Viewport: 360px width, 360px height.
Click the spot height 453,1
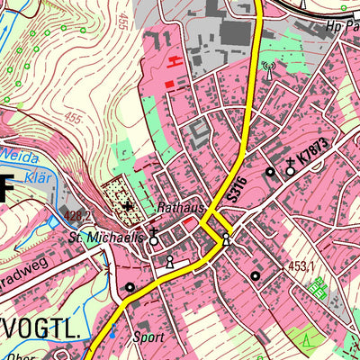(x=301, y=266)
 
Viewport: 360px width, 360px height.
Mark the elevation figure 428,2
(x=76, y=217)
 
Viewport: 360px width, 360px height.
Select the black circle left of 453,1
(x=255, y=275)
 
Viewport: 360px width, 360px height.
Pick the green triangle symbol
(x=306, y=341)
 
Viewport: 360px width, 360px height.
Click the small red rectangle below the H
(x=168, y=84)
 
